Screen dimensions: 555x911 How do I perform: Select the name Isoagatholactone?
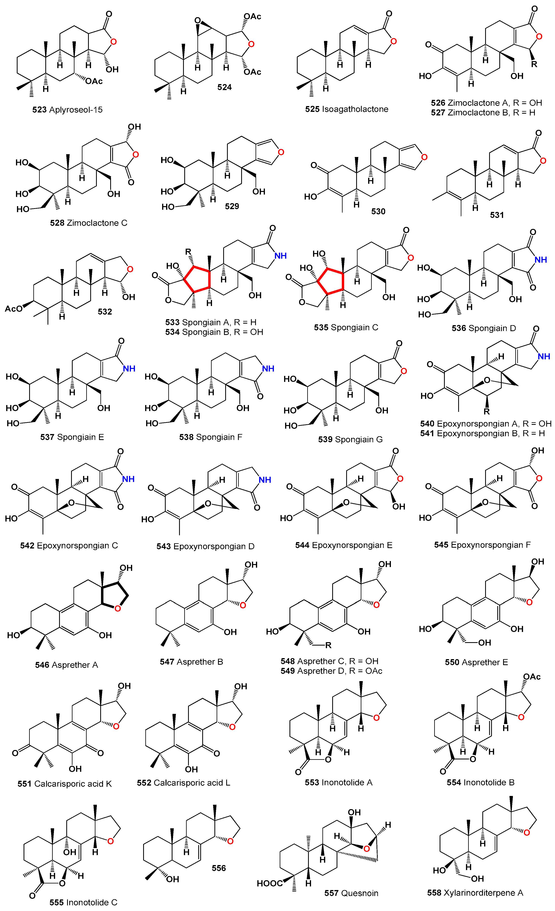[x=355, y=109]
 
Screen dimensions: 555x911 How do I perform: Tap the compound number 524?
[x=224, y=87]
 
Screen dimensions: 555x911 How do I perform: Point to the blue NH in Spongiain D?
[x=541, y=259]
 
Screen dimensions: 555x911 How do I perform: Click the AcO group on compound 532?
[x=13, y=309]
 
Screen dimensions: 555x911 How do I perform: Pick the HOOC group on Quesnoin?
[x=269, y=883]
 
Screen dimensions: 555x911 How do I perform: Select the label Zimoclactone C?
[x=97, y=223]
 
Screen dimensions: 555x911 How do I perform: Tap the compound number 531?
[x=497, y=215]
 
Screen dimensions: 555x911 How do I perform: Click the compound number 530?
[x=378, y=212]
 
